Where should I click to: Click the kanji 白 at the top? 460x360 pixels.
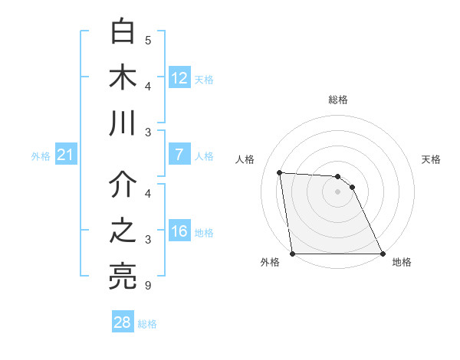123,32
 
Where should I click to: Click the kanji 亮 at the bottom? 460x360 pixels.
123,277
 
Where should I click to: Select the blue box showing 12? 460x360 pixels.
179,78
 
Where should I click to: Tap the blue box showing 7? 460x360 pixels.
179,155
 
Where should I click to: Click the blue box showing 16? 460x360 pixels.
179,232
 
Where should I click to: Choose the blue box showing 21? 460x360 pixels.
65,155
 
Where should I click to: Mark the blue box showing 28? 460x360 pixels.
123,322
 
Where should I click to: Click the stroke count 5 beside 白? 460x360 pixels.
148,40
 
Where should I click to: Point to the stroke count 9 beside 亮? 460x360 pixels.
148,286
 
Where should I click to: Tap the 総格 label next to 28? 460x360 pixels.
147,324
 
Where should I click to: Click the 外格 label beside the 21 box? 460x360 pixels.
41,156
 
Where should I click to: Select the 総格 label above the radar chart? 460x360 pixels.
338,100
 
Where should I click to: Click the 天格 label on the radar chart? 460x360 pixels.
432,159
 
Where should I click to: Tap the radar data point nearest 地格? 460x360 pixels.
383,254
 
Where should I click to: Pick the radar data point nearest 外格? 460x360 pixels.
293,254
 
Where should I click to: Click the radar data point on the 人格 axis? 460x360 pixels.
280,173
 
